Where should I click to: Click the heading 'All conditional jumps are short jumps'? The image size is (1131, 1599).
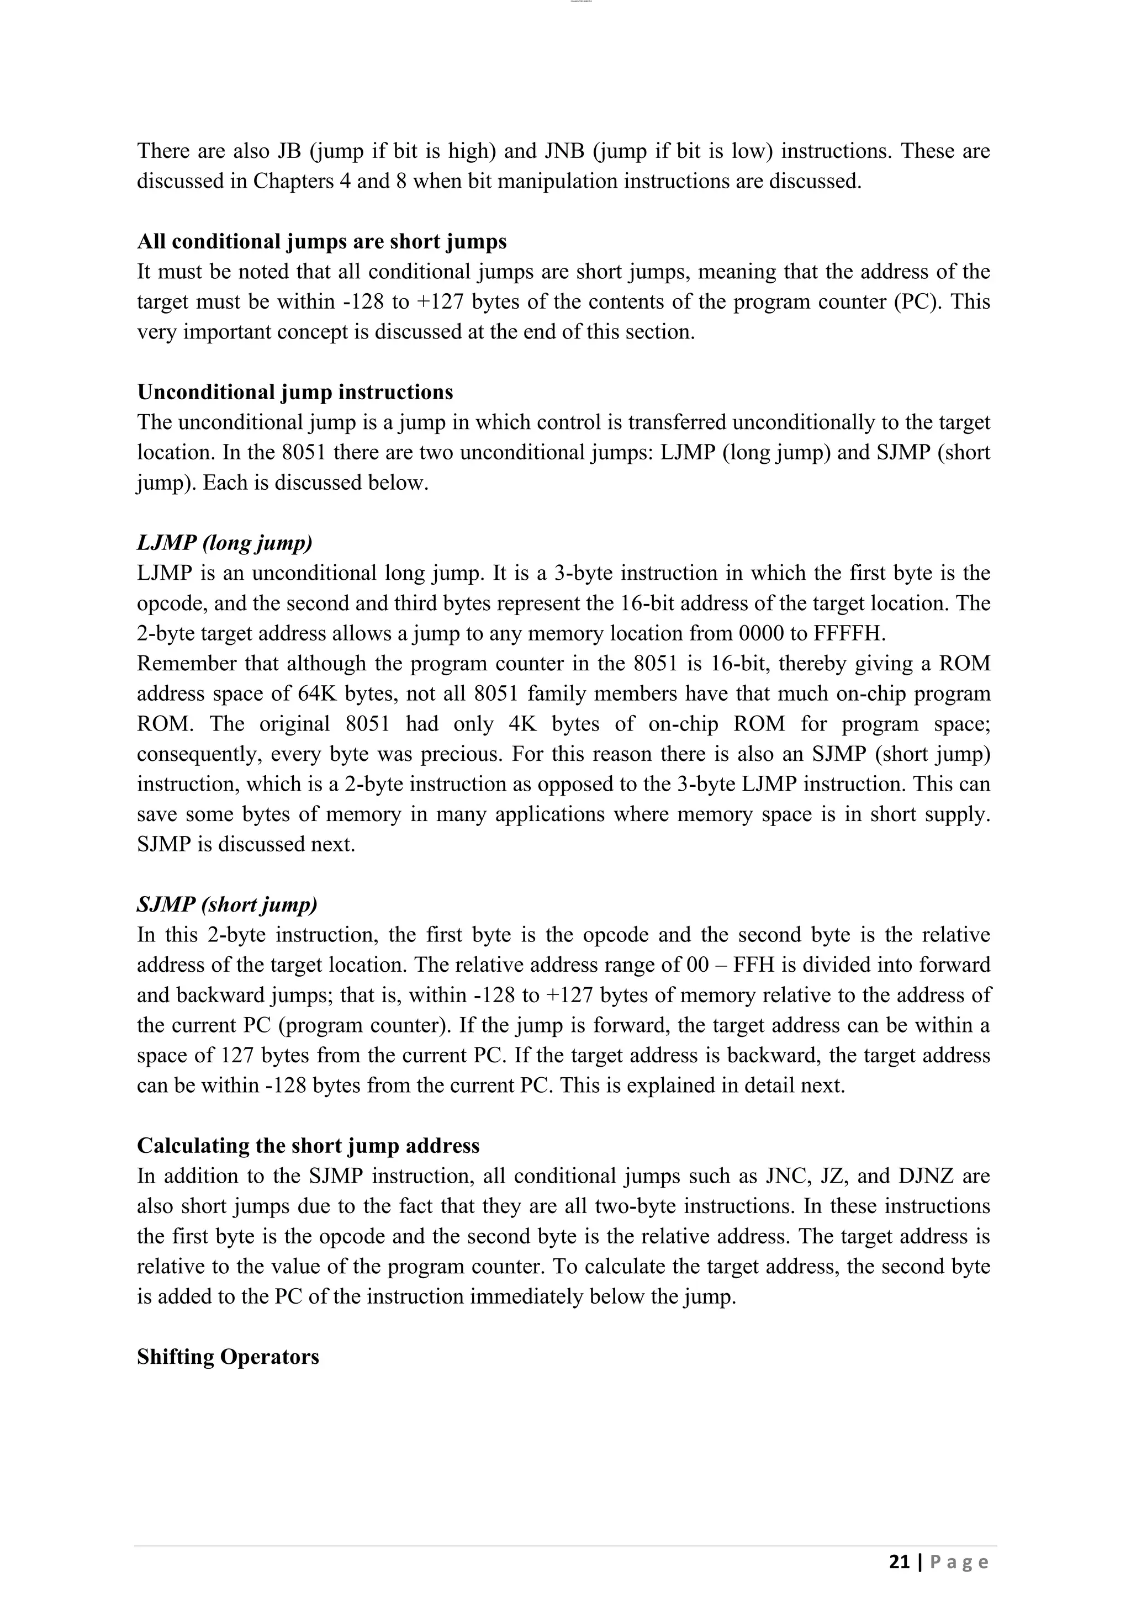[322, 242]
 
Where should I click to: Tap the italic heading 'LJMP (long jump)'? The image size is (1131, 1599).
[224, 543]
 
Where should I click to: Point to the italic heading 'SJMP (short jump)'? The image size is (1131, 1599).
[227, 904]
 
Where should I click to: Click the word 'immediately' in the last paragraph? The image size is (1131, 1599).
[526, 1297]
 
